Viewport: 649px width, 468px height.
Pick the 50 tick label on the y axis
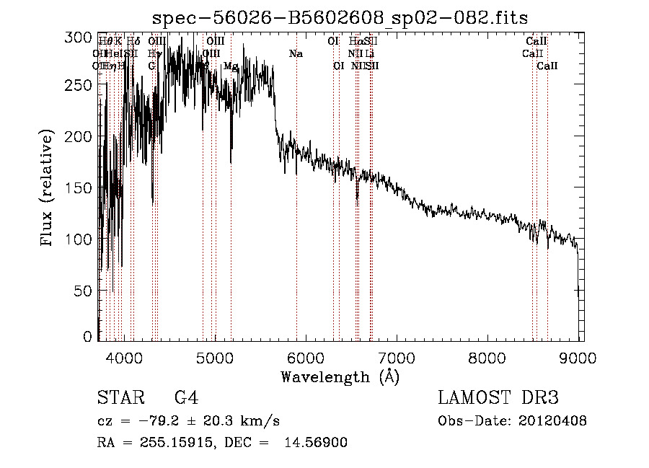(85, 290)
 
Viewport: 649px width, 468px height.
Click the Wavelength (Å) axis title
(340, 376)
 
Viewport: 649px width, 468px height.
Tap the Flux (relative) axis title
(48, 188)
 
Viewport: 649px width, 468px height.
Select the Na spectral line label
(296, 54)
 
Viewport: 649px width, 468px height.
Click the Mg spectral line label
(231, 66)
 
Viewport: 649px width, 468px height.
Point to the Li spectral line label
(369, 54)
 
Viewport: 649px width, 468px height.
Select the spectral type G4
(187, 399)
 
